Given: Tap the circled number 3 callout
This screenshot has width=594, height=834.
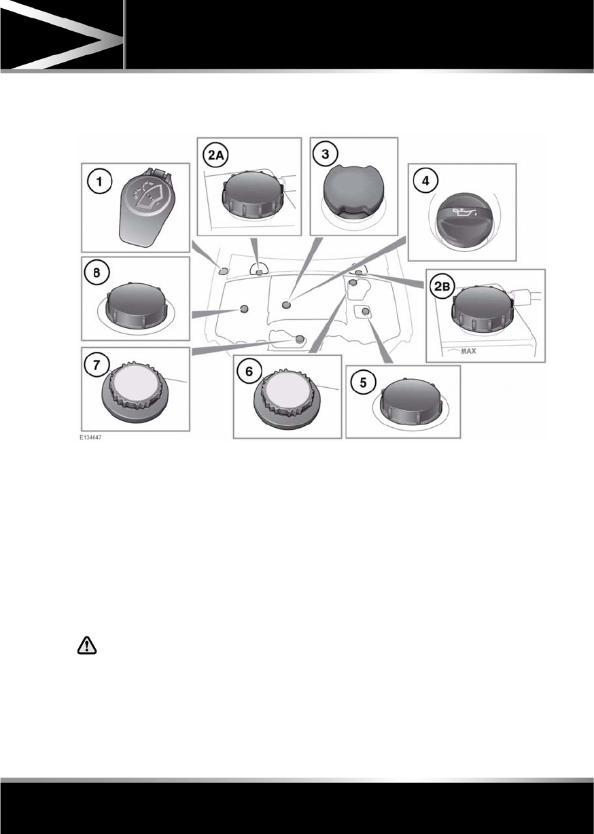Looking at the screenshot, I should [x=326, y=154].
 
